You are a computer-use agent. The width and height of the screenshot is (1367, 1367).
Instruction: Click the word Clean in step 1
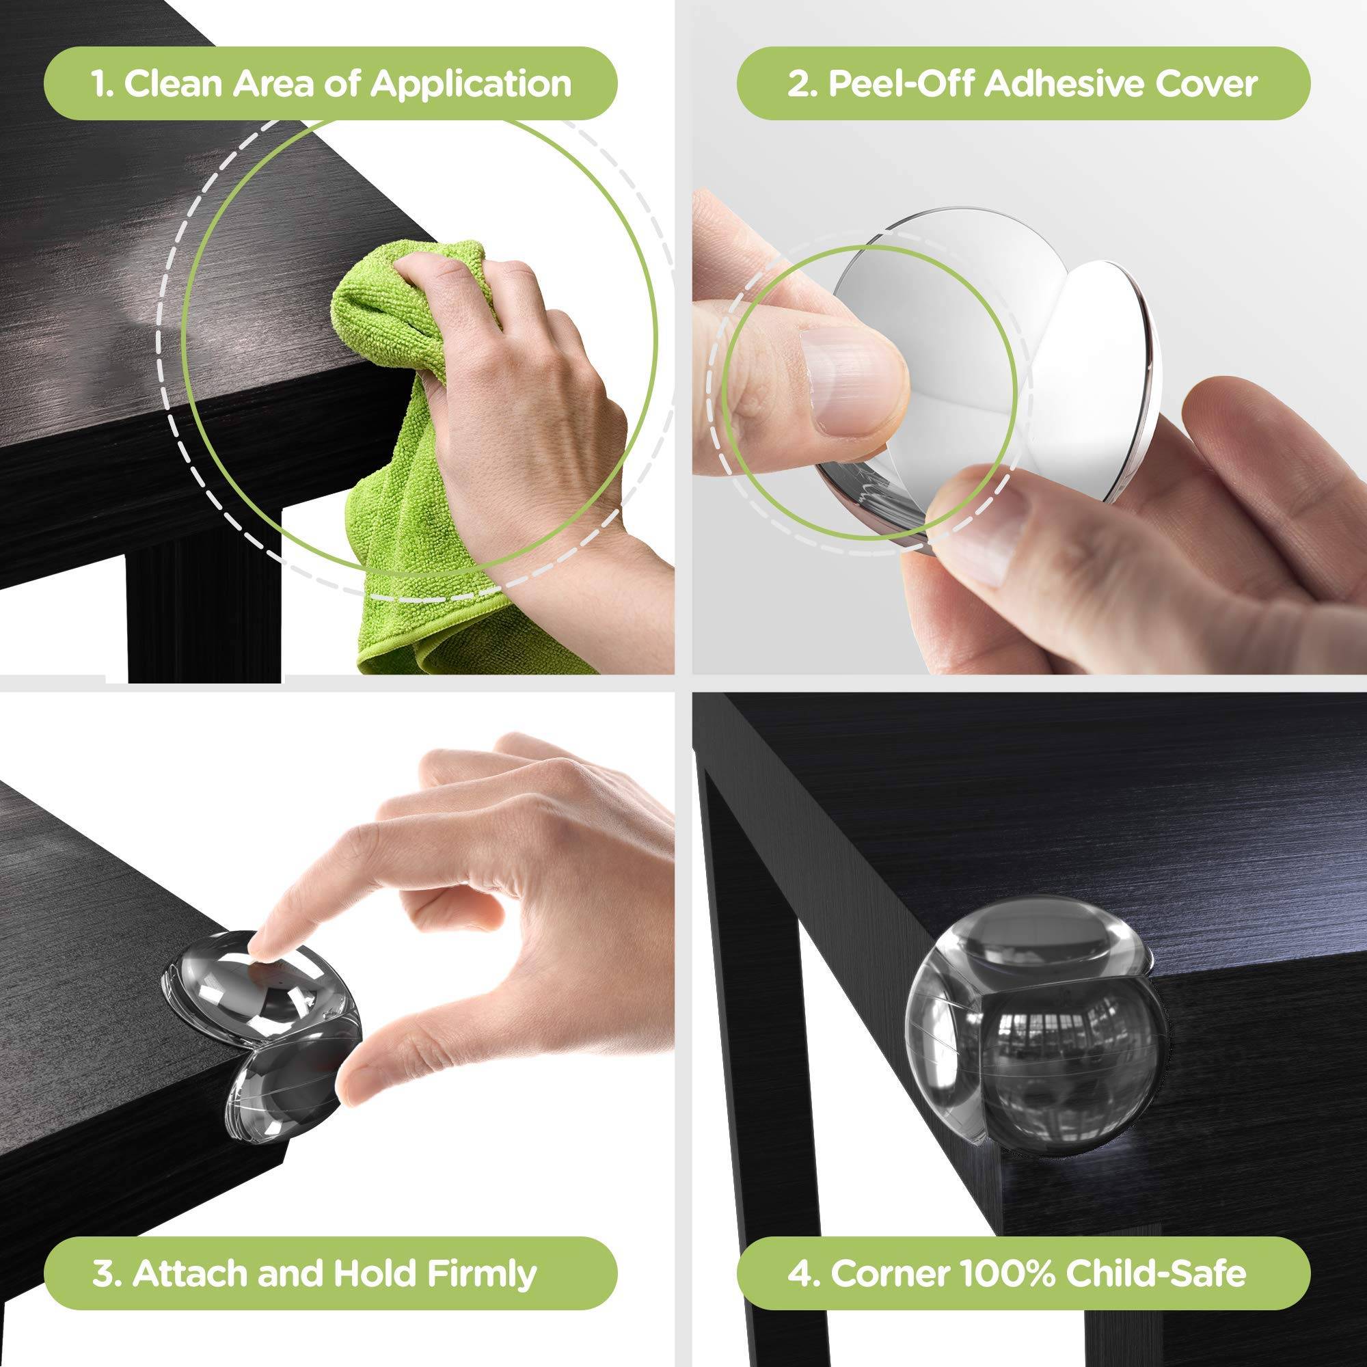174,83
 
